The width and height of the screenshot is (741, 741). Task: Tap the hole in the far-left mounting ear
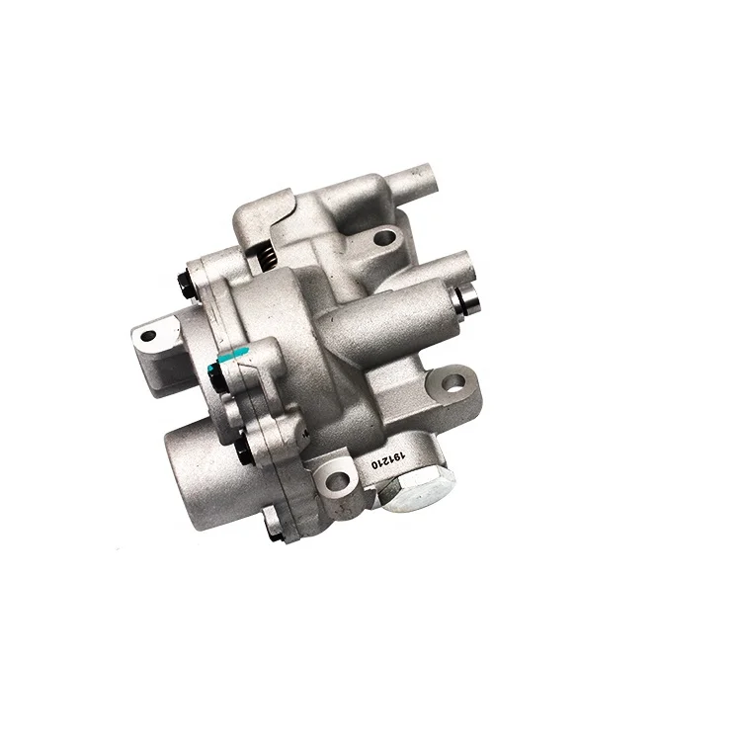[x=148, y=336]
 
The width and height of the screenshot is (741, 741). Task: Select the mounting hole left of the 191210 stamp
[x=333, y=479]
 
